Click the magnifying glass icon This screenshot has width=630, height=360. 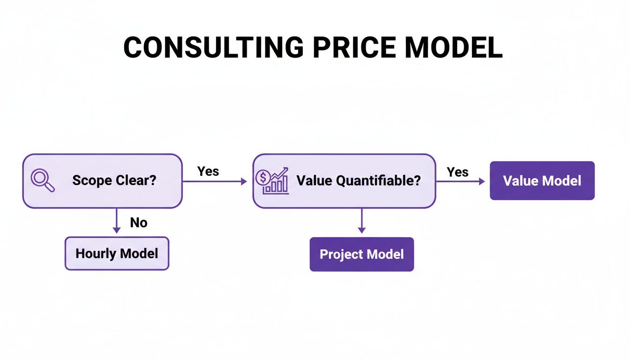click(42, 180)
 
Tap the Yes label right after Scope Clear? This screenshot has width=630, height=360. click(208, 171)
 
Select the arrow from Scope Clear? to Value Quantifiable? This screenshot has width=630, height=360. click(214, 181)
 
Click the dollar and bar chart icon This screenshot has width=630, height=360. click(272, 180)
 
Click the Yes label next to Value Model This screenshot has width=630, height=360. click(457, 172)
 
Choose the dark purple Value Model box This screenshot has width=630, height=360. click(542, 181)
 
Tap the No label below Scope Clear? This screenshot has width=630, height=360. click(139, 222)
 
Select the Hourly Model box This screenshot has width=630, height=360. click(117, 254)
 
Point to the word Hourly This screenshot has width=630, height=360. click(96, 254)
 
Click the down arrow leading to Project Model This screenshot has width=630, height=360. click(361, 221)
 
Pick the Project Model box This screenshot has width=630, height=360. click(361, 254)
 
